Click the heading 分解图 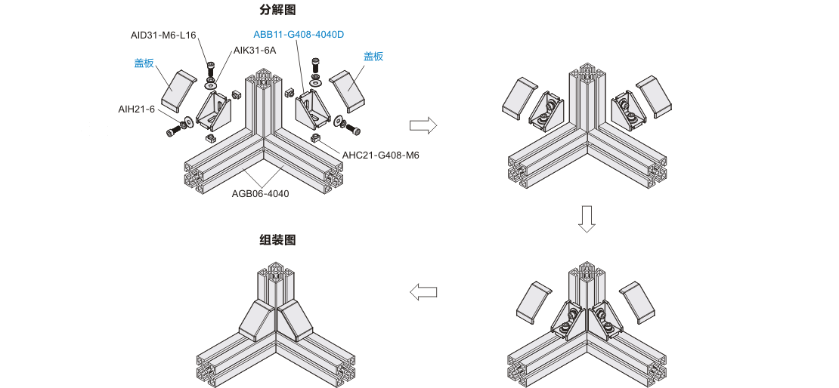click(x=277, y=11)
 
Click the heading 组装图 click(x=277, y=240)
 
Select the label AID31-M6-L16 click(x=163, y=35)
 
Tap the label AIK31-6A click(x=255, y=51)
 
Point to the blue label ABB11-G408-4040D click(x=298, y=34)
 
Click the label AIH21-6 click(x=136, y=109)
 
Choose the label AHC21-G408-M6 click(x=380, y=156)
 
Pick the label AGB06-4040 click(x=260, y=193)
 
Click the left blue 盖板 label click(x=144, y=63)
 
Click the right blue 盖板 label click(x=373, y=57)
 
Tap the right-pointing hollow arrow click(x=423, y=125)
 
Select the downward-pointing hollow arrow click(x=587, y=218)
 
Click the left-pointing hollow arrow click(x=423, y=291)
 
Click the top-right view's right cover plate click(x=654, y=96)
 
